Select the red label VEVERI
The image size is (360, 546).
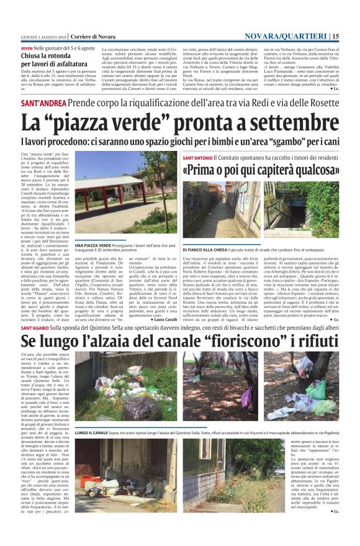27,48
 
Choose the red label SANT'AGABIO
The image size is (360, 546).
39,327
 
